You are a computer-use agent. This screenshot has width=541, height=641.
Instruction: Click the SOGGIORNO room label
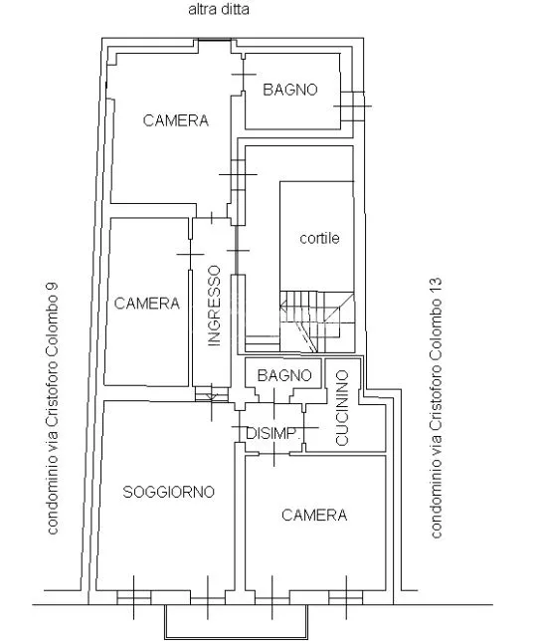coord(169,492)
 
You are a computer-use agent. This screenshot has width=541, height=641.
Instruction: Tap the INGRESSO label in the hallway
coord(214,306)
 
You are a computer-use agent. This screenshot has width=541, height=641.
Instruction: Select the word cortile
coord(319,238)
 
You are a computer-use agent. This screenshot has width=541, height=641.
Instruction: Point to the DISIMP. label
coord(273,433)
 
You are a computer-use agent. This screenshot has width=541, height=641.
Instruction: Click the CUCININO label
coord(342,407)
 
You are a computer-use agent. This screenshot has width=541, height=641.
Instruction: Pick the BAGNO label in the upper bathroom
coord(290,90)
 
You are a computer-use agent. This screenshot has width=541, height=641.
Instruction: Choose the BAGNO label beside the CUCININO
coord(284,375)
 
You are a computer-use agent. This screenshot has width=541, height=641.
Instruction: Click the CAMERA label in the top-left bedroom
coord(176,120)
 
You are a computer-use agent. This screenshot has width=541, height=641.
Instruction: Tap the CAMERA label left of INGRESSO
coord(146,303)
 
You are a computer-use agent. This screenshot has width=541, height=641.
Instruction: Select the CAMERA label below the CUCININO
coord(314,515)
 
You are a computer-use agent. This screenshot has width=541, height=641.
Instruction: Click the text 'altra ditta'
coord(219,9)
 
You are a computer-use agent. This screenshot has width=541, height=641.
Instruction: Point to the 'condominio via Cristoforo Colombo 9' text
coord(53,408)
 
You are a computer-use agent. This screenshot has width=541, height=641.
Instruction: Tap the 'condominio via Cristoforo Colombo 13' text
coord(436,408)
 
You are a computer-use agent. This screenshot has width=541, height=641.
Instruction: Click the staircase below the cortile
coord(316,321)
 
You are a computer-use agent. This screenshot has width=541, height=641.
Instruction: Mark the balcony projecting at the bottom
coord(236,621)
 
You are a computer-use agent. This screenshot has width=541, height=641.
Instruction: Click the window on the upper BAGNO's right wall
coord(352,107)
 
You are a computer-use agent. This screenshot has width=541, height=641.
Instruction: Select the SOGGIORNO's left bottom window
coord(134,597)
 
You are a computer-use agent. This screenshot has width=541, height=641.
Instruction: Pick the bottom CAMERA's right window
coord(346,597)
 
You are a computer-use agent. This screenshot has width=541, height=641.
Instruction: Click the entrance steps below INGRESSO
coord(211,394)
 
